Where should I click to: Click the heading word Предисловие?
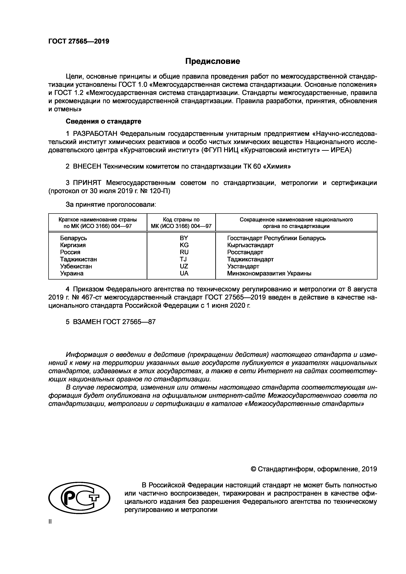tap(212, 61)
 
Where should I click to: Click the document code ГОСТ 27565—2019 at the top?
tap(79, 41)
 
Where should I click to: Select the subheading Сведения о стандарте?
tap(103, 121)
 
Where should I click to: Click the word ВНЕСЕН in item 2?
tap(87, 166)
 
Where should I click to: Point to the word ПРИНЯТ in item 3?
tap(87, 183)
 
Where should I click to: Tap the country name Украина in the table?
tap(72, 273)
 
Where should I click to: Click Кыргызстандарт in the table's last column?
tap(250, 245)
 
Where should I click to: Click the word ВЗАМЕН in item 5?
tap(87, 322)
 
